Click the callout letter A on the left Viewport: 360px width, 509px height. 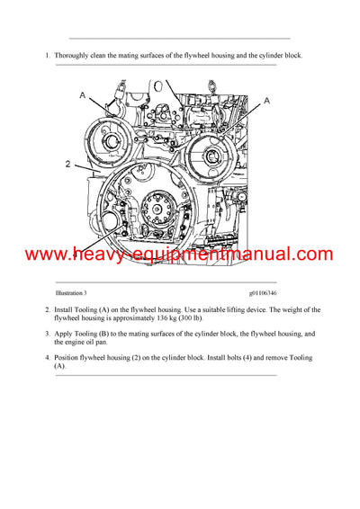pyautogui.click(x=84, y=94)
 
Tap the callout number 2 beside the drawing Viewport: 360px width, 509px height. pyautogui.click(x=67, y=165)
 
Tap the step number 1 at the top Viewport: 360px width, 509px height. pyautogui.click(x=46, y=56)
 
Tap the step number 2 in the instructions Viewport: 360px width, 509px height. pyautogui.click(x=46, y=309)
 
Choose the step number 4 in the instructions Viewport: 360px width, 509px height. pyautogui.click(x=46, y=358)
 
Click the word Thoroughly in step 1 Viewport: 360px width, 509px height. pyautogui.click(x=73, y=56)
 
